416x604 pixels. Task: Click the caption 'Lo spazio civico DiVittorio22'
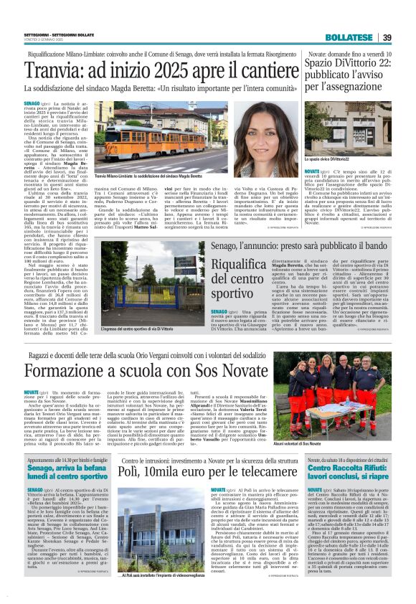329,157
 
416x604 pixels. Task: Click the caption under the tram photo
143,176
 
